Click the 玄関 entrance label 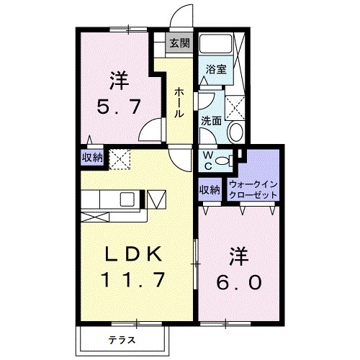click(179, 43)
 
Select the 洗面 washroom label click(211, 120)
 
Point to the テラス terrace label click(123, 338)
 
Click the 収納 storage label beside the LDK click(91, 158)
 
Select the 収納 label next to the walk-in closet click(209, 190)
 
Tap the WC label click(206, 161)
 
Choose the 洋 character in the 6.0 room click(239, 255)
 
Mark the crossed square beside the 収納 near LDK click(117, 158)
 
